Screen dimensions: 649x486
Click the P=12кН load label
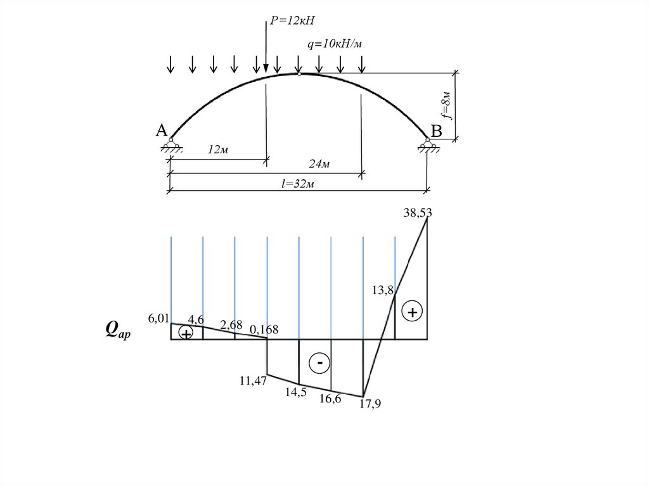tap(292, 21)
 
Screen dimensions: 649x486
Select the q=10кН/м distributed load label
tap(335, 44)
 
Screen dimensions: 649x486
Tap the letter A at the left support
tap(162, 131)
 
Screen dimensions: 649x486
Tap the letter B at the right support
tap(436, 131)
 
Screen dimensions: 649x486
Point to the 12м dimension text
tap(218, 150)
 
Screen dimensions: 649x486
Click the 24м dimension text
tap(319, 164)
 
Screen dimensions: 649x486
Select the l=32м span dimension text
tap(298, 183)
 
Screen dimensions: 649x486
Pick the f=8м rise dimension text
tap(446, 105)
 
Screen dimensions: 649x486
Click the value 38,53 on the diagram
tap(418, 213)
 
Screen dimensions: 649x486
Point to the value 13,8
tap(382, 290)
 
